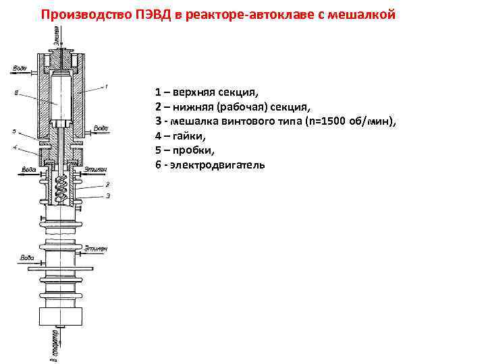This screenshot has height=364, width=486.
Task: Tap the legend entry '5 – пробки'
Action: [x=184, y=150]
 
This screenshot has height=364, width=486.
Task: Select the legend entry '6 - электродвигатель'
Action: [x=210, y=164]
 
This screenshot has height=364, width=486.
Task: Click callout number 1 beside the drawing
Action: [x=106, y=86]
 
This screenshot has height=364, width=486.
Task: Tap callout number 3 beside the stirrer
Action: [x=107, y=195]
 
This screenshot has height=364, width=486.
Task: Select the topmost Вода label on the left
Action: [x=18, y=68]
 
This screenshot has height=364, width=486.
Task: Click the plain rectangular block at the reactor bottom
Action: [x=61, y=315]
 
